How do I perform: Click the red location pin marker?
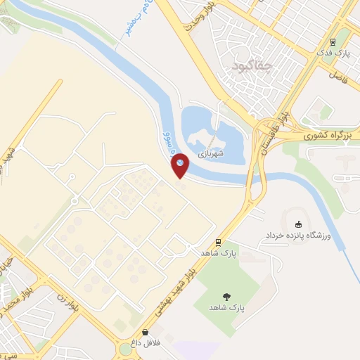(181, 165)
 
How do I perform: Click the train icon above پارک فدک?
(343, 42)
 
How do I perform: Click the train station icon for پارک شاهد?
(219, 240)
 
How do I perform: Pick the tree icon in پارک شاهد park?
(226, 297)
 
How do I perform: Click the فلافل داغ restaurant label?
(146, 344)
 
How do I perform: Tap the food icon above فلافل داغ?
(146, 333)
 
